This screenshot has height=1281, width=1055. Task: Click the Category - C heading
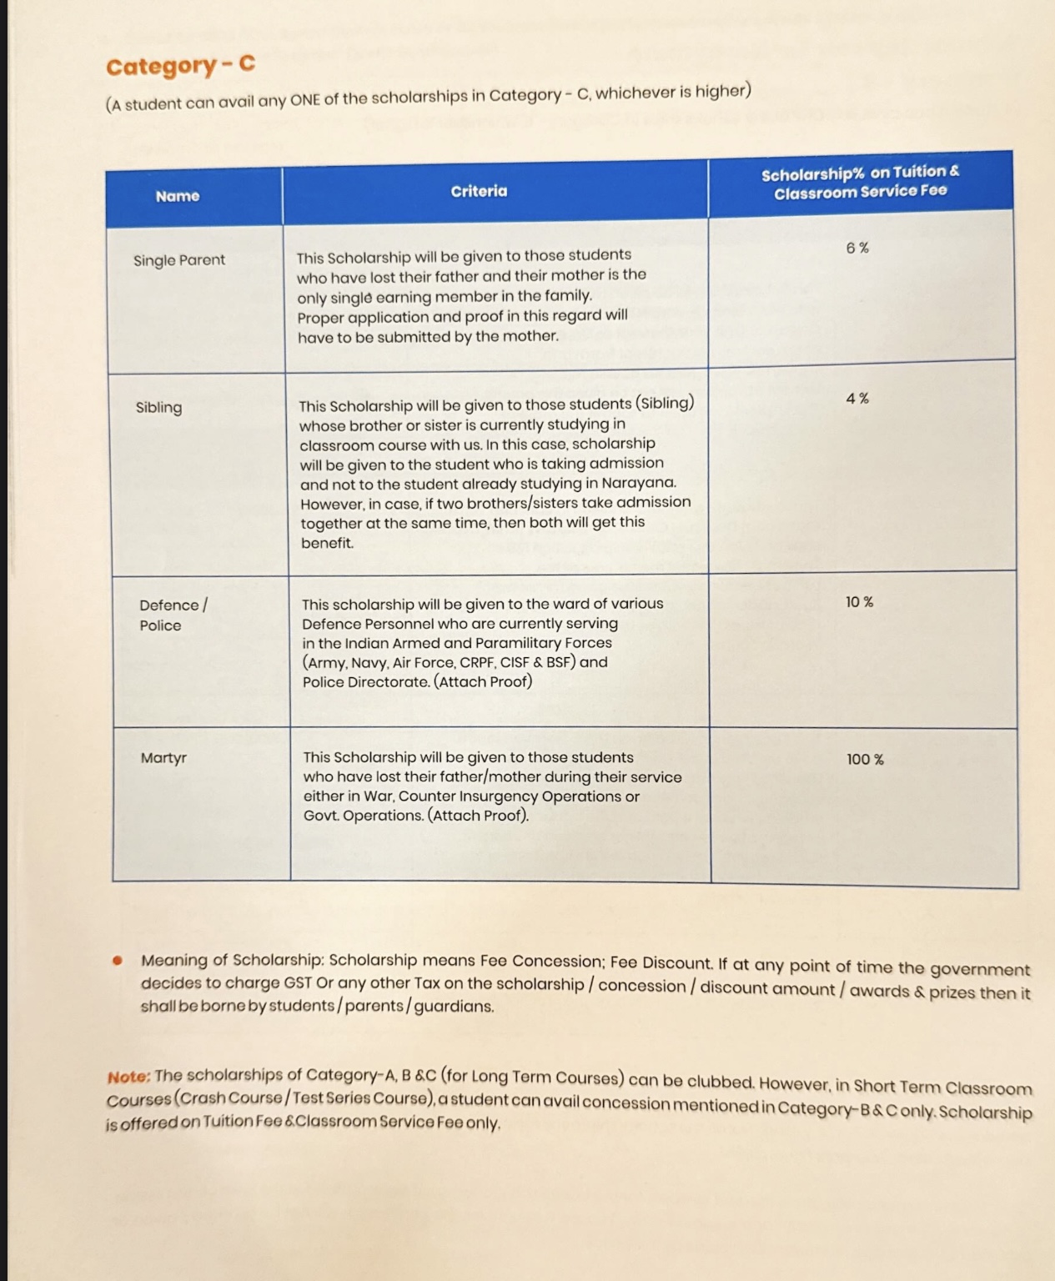pos(180,65)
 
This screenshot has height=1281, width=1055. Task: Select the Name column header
pos(178,197)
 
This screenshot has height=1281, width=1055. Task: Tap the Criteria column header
pos(479,191)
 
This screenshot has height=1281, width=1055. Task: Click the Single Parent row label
pos(179,260)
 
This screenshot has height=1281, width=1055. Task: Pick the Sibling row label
pos(158,408)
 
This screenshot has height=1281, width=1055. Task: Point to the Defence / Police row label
pos(173,615)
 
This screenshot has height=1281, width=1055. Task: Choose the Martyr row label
pos(163,758)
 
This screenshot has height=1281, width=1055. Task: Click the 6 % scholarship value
pos(857,248)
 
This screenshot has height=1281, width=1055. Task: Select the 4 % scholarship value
pos(857,399)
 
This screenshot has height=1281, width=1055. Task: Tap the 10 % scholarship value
pos(859,602)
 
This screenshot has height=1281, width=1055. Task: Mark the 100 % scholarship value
pos(865,760)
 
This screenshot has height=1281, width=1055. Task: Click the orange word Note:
pos(128,1077)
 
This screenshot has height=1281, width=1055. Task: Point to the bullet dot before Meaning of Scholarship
pos(118,960)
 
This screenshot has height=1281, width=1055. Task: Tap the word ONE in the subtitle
pos(305,101)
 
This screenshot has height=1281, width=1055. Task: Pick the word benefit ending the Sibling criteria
pos(327,543)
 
